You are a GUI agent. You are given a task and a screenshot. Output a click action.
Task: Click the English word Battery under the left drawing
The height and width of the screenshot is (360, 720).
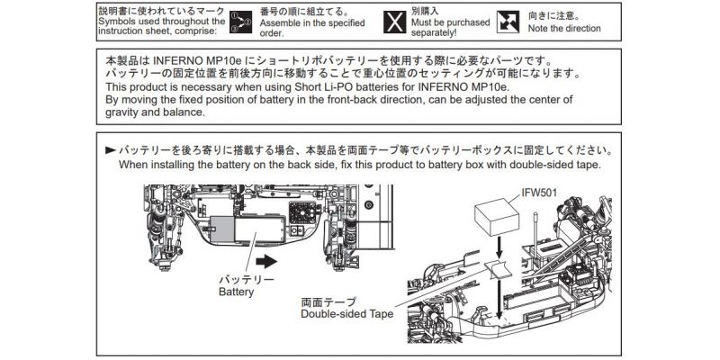[x=237, y=292]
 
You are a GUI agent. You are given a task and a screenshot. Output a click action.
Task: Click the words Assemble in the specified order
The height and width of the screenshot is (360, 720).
[x=308, y=28]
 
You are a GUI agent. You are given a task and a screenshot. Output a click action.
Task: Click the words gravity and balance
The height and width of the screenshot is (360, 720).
[x=156, y=112]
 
